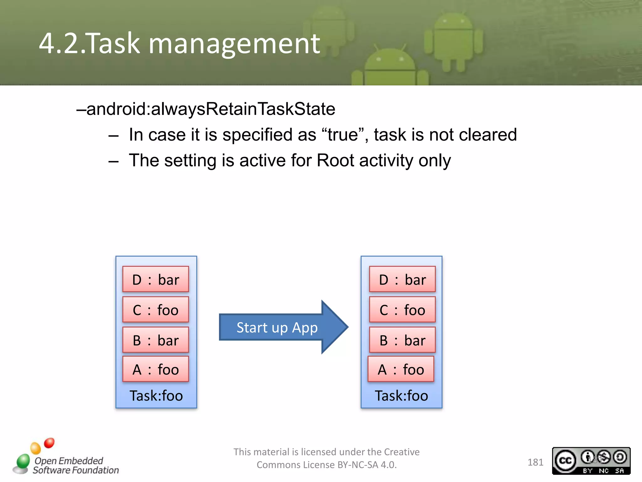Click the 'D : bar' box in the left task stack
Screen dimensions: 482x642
(155, 279)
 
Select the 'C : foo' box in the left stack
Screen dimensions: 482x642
(155, 310)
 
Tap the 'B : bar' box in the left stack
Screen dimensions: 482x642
(155, 340)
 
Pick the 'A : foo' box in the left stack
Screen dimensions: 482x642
(155, 369)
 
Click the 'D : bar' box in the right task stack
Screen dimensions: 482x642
(402, 279)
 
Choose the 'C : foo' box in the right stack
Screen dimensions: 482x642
(402, 310)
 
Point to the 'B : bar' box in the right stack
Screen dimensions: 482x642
(402, 340)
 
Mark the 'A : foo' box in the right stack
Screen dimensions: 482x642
(401, 369)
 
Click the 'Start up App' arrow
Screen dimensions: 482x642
(277, 327)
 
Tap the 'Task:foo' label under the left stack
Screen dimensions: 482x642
(156, 395)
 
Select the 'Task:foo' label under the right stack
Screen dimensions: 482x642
(401, 395)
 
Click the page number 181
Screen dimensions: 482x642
(535, 462)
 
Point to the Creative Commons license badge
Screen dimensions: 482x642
(591, 461)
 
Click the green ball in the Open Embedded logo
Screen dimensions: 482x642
(23, 461)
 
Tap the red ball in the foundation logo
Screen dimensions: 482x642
(49, 443)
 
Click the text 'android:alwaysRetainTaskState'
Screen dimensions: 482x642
(211, 109)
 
